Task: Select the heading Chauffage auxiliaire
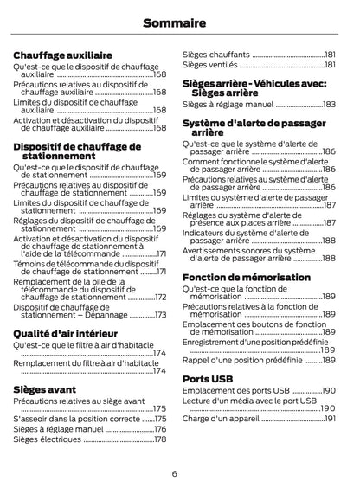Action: tap(62, 55)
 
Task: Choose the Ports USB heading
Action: tap(208, 379)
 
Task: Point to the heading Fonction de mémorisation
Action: tap(246, 277)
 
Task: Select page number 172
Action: tap(159, 297)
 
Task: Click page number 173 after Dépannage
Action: tap(159, 315)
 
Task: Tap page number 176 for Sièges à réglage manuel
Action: tap(159, 428)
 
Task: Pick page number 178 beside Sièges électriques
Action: tap(159, 439)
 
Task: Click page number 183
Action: tap(329, 104)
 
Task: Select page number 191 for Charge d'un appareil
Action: tap(329, 419)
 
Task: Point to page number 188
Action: tap(329, 258)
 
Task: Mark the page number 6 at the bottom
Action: tap(174, 473)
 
